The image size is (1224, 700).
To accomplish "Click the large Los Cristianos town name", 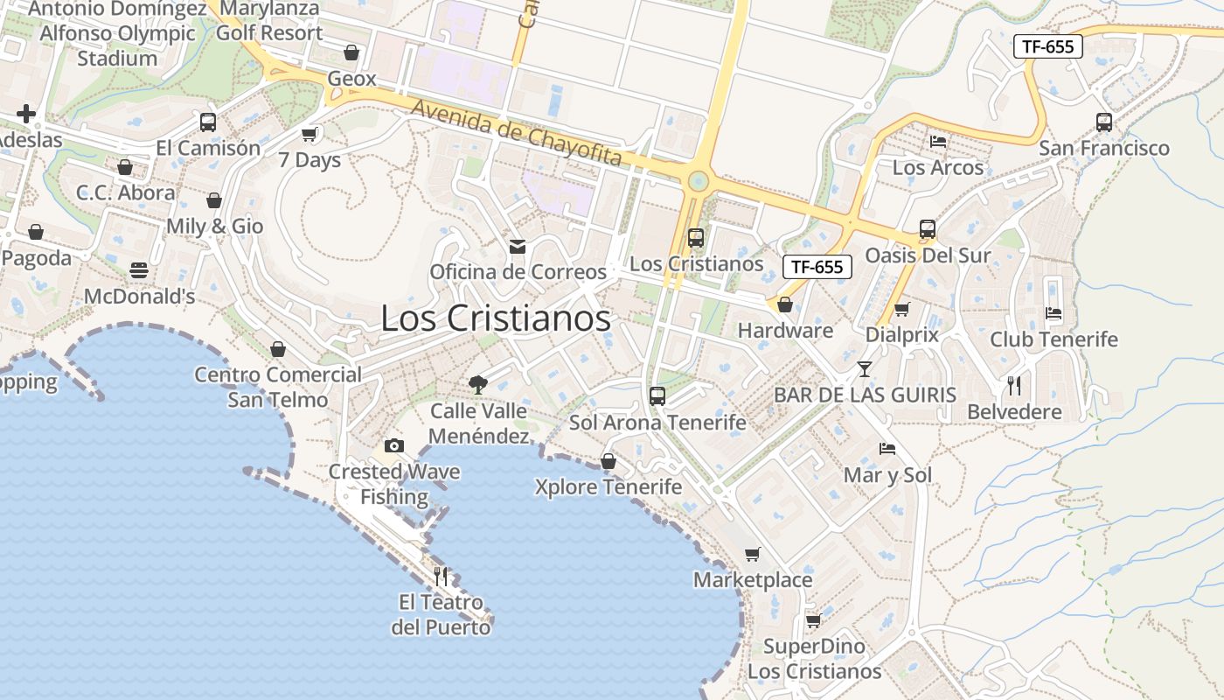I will (496, 318).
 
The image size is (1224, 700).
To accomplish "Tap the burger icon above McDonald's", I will (139, 270).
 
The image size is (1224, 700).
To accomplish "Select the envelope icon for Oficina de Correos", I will (518, 247).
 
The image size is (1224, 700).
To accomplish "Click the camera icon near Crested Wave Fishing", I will (393, 445).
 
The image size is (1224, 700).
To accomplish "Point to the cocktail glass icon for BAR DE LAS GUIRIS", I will (865, 368).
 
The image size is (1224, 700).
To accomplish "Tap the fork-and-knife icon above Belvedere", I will (1014, 385).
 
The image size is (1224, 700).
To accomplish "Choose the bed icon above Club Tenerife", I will (1054, 313).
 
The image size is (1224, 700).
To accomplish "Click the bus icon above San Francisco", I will (1104, 122).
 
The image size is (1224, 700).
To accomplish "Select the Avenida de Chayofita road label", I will (516, 133).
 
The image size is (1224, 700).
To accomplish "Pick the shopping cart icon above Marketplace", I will (752, 554).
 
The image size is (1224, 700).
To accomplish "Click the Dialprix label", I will (901, 334).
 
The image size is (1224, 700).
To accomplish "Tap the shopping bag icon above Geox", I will (351, 52).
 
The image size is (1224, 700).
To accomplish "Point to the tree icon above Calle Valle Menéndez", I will (477, 383).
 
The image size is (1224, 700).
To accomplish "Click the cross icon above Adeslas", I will (26, 114).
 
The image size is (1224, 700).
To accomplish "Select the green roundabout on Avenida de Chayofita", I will (698, 182).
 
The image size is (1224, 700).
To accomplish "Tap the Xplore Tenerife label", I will (608, 486).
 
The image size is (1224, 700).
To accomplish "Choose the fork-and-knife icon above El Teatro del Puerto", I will (441, 576).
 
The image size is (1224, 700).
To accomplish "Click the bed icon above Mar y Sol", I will (887, 449).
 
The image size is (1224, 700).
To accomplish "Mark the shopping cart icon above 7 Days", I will (309, 134).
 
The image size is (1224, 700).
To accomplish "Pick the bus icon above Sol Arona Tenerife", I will (657, 395).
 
